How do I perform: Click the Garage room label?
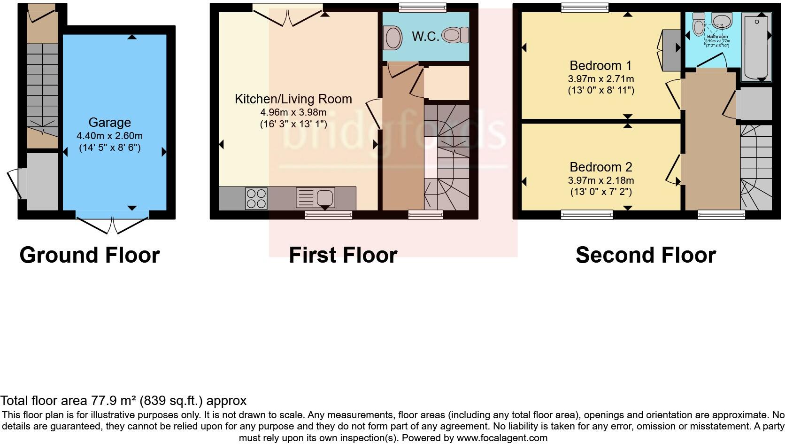tap(109, 123)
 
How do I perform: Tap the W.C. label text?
tap(425, 37)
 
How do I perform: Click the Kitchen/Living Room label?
tap(293, 99)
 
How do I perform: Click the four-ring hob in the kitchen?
tap(256, 198)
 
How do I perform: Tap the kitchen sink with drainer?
tap(316, 198)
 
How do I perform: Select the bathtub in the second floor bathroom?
tap(756, 47)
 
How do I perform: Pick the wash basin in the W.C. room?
tap(392, 37)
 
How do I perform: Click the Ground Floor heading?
tap(90, 255)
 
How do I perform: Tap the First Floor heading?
tap(343, 255)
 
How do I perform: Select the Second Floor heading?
tap(645, 255)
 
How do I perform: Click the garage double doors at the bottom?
tap(113, 225)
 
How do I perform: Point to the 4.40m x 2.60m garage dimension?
tap(109, 136)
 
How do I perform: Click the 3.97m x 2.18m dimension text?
tap(600, 180)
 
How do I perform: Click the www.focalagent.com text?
tap(502, 438)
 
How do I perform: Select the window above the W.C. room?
tap(422, 7)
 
